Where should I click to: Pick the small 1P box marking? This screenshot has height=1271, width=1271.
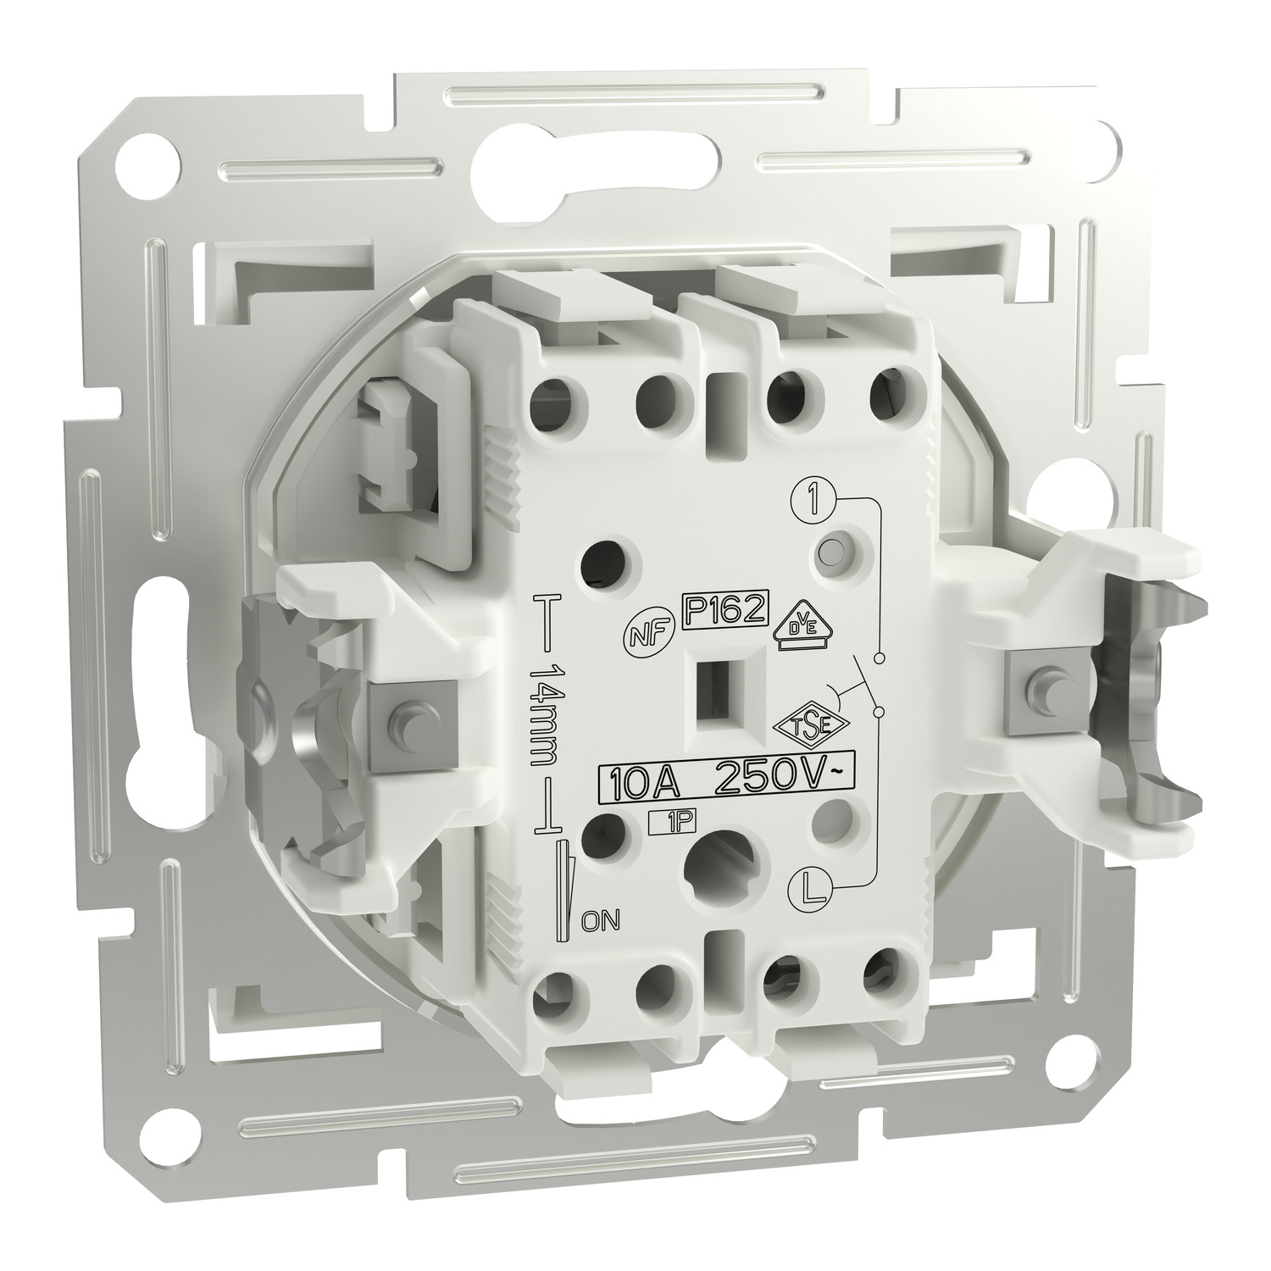point(666,819)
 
